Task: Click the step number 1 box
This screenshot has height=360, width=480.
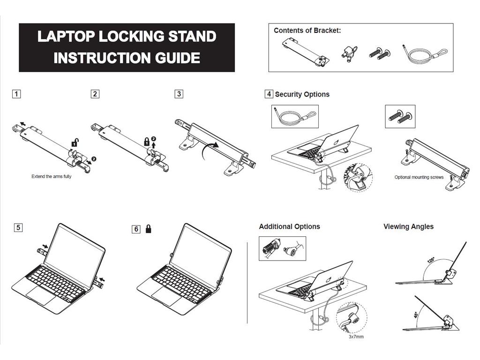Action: (16, 94)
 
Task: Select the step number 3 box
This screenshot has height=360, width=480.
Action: (179, 94)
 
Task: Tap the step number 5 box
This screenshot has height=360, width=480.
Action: (18, 228)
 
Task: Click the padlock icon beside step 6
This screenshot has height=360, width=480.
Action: (149, 229)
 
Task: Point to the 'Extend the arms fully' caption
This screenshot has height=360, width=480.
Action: (52, 177)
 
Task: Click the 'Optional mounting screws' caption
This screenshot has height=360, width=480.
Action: (419, 177)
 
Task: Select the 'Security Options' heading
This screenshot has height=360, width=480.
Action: (302, 94)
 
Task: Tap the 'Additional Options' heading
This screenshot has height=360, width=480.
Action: (289, 226)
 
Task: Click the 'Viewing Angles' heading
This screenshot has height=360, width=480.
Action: (408, 226)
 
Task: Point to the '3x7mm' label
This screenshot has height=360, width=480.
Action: (356, 337)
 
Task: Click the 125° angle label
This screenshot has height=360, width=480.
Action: (431, 260)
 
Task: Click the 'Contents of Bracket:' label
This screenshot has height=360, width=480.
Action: (307, 30)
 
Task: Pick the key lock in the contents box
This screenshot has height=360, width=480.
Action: (349, 53)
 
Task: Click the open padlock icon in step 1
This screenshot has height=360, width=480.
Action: (74, 143)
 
